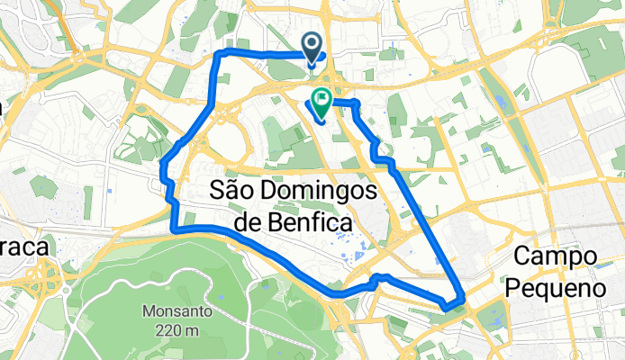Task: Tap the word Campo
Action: [553, 257]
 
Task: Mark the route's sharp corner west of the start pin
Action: [220, 56]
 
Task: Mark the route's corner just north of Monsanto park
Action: [175, 229]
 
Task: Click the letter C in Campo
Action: [520, 257]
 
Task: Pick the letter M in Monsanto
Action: [146, 311]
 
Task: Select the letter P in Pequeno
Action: [513, 288]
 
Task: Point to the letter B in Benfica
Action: [273, 220]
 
